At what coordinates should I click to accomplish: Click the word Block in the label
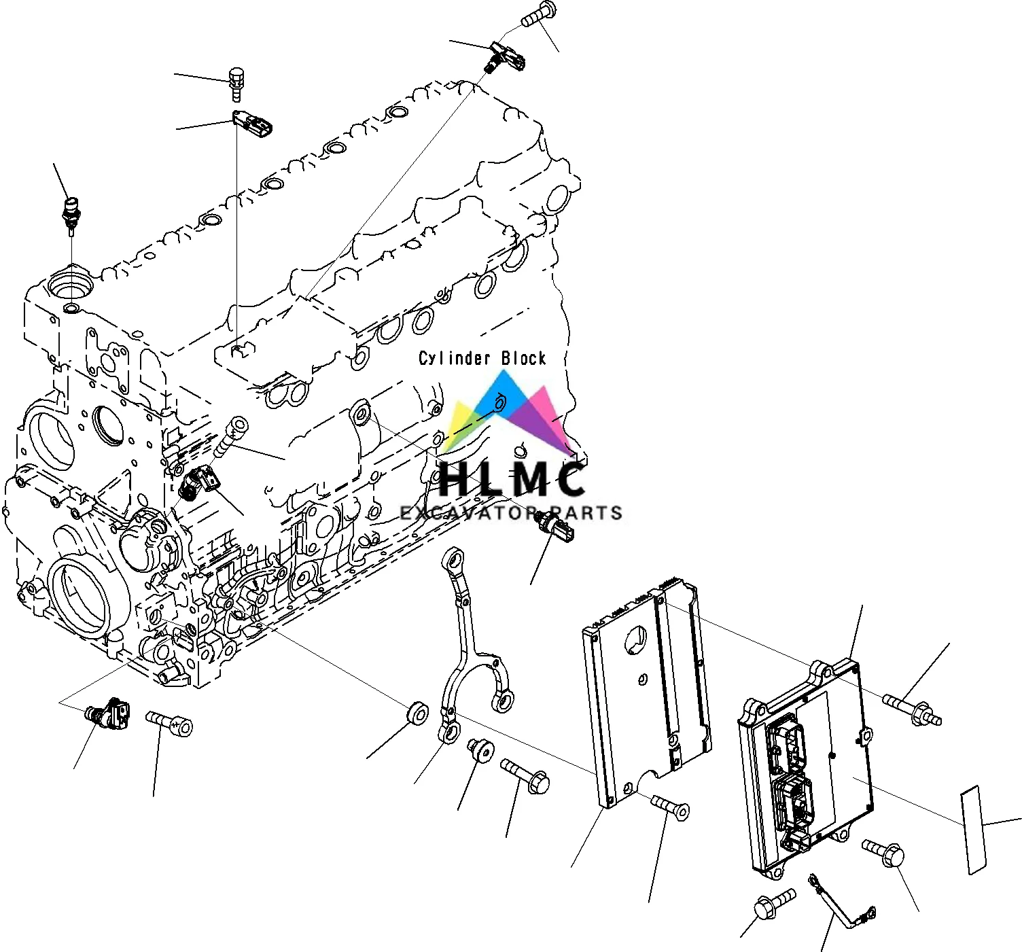click(523, 358)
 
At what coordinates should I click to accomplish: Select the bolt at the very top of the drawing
click(540, 15)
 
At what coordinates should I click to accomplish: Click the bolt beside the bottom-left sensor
click(170, 722)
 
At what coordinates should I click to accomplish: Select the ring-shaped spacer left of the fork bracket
click(416, 713)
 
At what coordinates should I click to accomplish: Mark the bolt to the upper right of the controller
click(913, 709)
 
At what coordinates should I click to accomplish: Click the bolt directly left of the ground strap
click(774, 904)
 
